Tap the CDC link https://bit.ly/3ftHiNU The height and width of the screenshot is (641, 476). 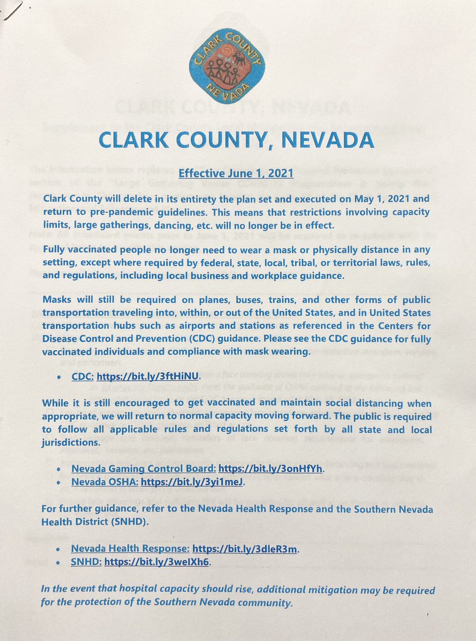click(148, 376)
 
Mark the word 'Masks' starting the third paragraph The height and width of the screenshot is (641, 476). click(57, 300)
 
